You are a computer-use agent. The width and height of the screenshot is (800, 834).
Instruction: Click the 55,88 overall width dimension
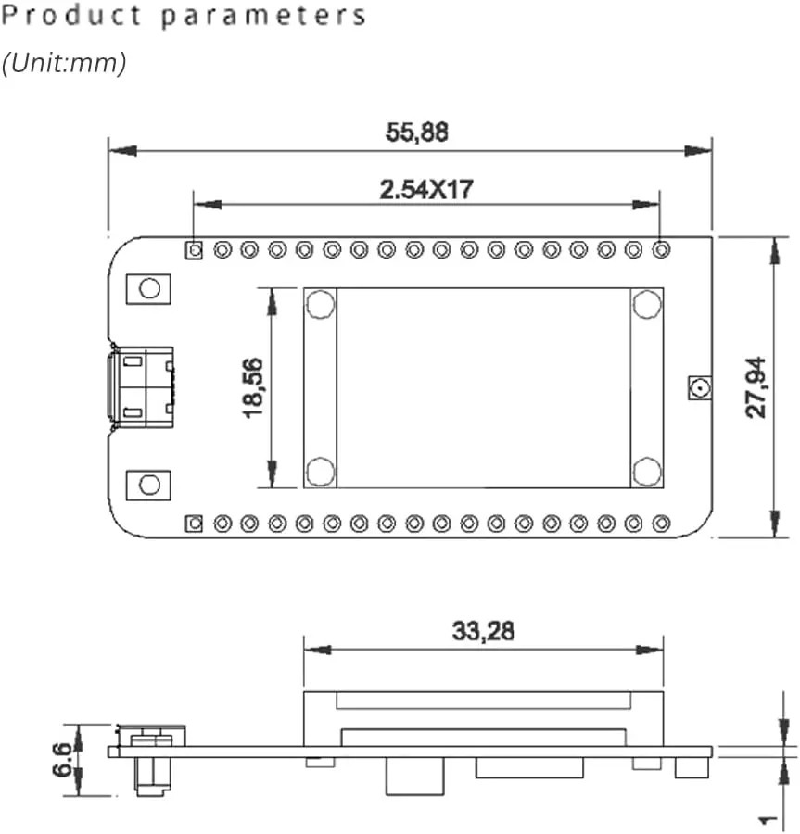point(416,133)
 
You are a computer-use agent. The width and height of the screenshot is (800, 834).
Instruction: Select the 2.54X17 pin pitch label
point(426,190)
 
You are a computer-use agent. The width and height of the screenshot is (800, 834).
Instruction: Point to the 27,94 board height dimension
point(757,388)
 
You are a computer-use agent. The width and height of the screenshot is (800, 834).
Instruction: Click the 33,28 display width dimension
point(483,632)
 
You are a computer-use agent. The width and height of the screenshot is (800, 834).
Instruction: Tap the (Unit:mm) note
point(64,63)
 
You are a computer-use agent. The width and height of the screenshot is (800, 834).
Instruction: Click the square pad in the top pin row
point(194,250)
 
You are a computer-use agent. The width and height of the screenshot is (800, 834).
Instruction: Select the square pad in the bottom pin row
point(194,524)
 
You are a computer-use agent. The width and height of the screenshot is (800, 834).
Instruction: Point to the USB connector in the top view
point(141,387)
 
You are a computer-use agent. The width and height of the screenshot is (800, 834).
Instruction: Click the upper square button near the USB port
point(148,288)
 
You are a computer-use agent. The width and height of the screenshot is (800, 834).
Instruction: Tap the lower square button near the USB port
point(148,485)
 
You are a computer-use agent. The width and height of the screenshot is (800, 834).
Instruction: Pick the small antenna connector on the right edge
point(698,387)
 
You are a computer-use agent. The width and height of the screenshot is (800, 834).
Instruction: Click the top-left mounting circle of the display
point(320,303)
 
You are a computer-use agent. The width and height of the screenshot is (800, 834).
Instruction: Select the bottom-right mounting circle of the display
point(646,471)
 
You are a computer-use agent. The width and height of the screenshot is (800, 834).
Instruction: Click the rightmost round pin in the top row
point(661,250)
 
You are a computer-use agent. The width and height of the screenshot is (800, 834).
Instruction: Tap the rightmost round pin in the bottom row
point(661,524)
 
